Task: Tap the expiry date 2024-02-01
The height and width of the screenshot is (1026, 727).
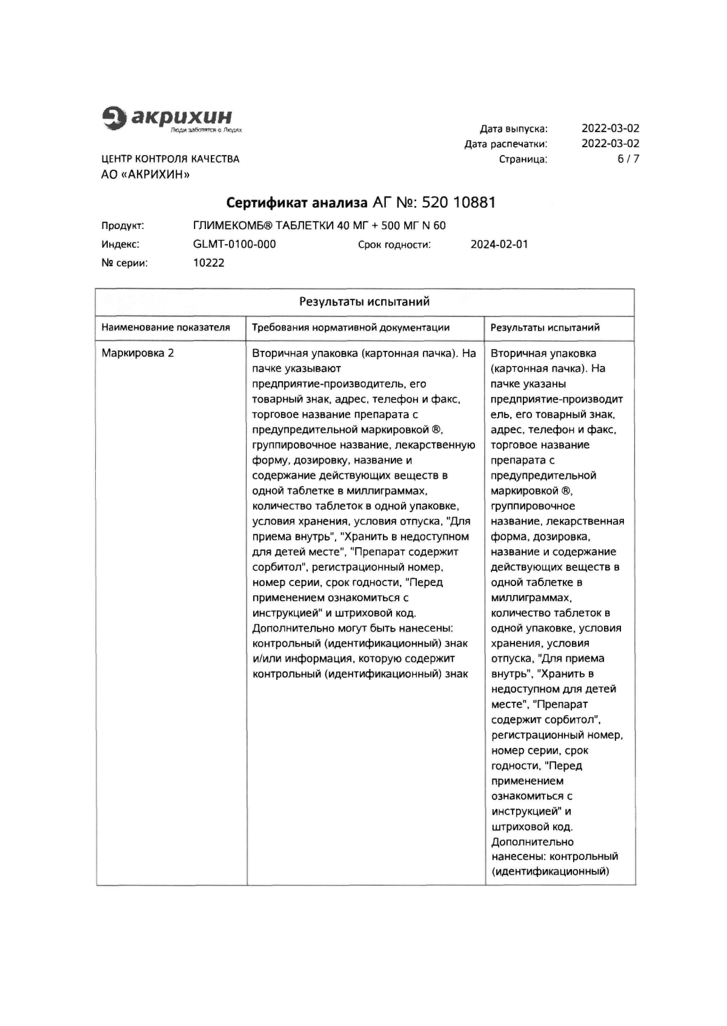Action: [499, 245]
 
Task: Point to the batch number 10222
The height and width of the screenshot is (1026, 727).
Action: [208, 263]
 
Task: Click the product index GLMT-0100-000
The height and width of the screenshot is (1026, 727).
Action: [234, 244]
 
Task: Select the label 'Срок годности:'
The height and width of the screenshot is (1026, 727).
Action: [394, 245]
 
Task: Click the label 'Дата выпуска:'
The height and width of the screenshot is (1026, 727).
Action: [513, 129]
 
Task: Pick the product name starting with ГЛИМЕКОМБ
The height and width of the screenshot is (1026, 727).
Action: [319, 226]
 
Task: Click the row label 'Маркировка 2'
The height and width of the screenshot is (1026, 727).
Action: [138, 353]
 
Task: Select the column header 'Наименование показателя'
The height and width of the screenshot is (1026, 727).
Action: [165, 328]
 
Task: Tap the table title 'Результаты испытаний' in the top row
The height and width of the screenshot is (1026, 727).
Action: [364, 302]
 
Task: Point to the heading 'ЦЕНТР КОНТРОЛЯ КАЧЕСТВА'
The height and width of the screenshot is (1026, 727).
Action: [170, 159]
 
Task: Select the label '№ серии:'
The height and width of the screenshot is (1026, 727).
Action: [124, 263]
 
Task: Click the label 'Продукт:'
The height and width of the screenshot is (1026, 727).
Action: [122, 226]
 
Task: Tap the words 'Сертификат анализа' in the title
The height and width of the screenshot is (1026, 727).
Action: [297, 202]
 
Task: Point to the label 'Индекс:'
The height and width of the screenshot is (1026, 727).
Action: [120, 245]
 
